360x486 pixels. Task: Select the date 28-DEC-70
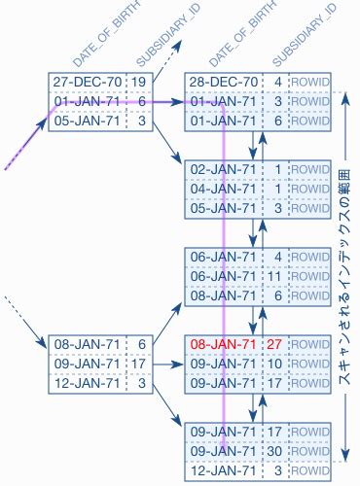click(x=223, y=82)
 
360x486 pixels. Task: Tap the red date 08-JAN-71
click(x=223, y=344)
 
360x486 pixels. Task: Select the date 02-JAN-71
click(x=223, y=169)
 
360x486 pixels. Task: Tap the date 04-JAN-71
click(x=223, y=188)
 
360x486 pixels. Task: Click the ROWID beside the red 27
click(x=310, y=344)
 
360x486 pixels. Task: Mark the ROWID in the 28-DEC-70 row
click(x=310, y=82)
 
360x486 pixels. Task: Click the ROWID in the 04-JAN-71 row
click(x=310, y=188)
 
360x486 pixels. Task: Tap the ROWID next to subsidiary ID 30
click(x=310, y=450)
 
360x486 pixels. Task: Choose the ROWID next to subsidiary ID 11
click(x=310, y=275)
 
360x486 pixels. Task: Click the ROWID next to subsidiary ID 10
click(x=310, y=364)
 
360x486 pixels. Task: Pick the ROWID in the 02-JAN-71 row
click(x=310, y=169)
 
